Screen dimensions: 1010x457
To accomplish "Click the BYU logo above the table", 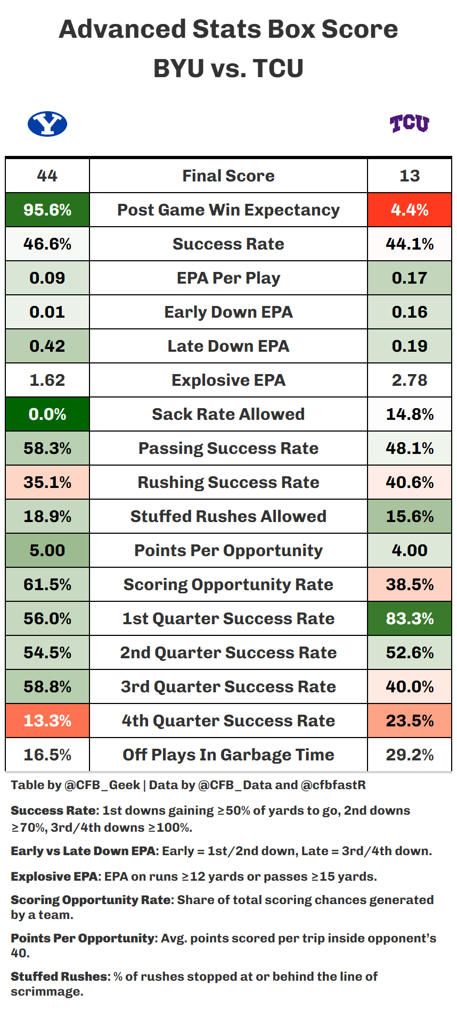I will click(x=47, y=124).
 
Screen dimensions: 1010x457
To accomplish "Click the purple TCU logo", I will click(x=409, y=123).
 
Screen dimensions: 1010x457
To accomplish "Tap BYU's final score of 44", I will click(x=47, y=176).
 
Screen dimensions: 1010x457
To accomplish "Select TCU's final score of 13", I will click(x=409, y=176).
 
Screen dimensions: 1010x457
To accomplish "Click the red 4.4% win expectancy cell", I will click(x=409, y=210).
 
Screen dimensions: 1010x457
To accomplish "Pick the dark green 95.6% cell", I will click(x=47, y=210).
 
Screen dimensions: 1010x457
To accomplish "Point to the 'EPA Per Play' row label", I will click(x=228, y=278).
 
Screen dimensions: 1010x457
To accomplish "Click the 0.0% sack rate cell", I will click(x=47, y=414).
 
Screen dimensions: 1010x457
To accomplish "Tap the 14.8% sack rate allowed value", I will click(x=409, y=414).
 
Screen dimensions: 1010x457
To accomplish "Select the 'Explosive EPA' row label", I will click(x=228, y=380).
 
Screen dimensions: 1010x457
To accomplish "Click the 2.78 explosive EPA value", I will click(x=409, y=380).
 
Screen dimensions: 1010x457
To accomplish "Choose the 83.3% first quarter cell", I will click(x=409, y=618).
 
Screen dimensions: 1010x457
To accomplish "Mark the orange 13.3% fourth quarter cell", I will click(x=47, y=721).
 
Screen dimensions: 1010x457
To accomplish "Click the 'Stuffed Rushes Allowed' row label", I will click(x=228, y=516).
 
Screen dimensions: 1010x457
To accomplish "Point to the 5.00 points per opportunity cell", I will click(x=47, y=550).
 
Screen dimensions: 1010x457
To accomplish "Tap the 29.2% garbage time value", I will click(x=409, y=755).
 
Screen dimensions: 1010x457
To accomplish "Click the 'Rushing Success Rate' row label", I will click(x=228, y=482).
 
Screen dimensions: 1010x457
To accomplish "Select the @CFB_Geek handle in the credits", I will click(x=102, y=785).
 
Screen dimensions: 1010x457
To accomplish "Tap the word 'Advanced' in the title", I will click(x=122, y=29).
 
